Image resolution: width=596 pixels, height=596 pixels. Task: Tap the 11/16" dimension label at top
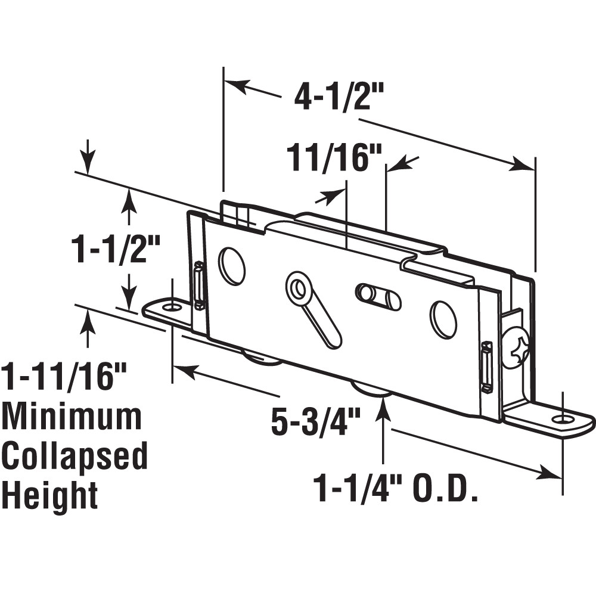click(334, 157)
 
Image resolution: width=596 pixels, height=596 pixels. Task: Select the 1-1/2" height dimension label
click(116, 248)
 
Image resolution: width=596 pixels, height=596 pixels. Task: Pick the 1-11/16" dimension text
click(64, 377)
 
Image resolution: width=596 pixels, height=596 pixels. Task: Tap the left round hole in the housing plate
click(232, 266)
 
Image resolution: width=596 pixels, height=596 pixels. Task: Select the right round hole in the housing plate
click(444, 319)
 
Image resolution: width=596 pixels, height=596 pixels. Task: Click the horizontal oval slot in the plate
click(378, 296)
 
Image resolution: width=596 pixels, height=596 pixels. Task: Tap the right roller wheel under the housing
click(371, 393)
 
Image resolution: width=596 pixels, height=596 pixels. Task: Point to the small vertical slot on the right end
click(487, 367)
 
